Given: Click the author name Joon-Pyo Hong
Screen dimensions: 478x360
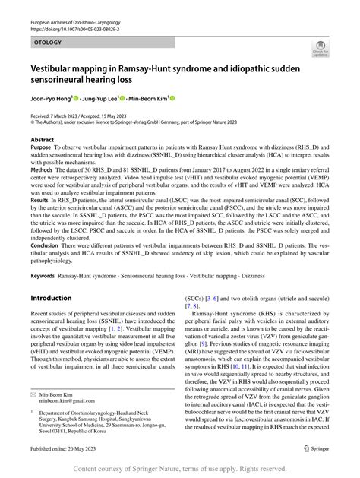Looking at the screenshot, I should (49, 97).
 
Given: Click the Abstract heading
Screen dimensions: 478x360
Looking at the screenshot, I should (42, 141).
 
